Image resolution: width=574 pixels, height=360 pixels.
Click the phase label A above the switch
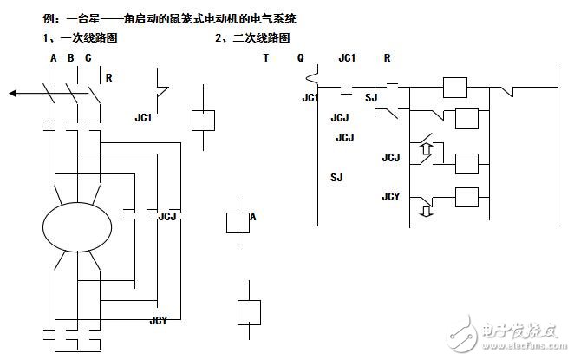pyautogui.click(x=54, y=58)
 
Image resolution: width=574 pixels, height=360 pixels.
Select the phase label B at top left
pyautogui.click(x=71, y=58)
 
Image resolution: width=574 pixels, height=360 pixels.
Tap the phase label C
pyautogui.click(x=88, y=58)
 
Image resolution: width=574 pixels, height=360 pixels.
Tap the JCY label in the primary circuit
pyautogui.click(x=158, y=321)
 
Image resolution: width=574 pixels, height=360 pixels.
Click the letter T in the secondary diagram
pyautogui.click(x=265, y=58)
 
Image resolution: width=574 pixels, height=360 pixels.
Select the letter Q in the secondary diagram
pyautogui.click(x=300, y=58)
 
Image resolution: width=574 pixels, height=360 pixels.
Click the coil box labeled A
pyautogui.click(x=238, y=222)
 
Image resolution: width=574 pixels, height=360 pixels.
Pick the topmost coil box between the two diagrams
pyautogui.click(x=202, y=120)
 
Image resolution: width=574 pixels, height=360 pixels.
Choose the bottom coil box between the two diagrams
pyautogui.click(x=249, y=311)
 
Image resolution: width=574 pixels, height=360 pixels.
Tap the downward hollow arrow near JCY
pyautogui.click(x=424, y=211)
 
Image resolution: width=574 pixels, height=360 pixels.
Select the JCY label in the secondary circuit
pyautogui.click(x=391, y=196)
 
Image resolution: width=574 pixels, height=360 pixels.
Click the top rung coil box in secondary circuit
pyautogui.click(x=455, y=88)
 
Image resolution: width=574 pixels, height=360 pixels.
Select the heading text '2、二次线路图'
pyautogui.click(x=251, y=39)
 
